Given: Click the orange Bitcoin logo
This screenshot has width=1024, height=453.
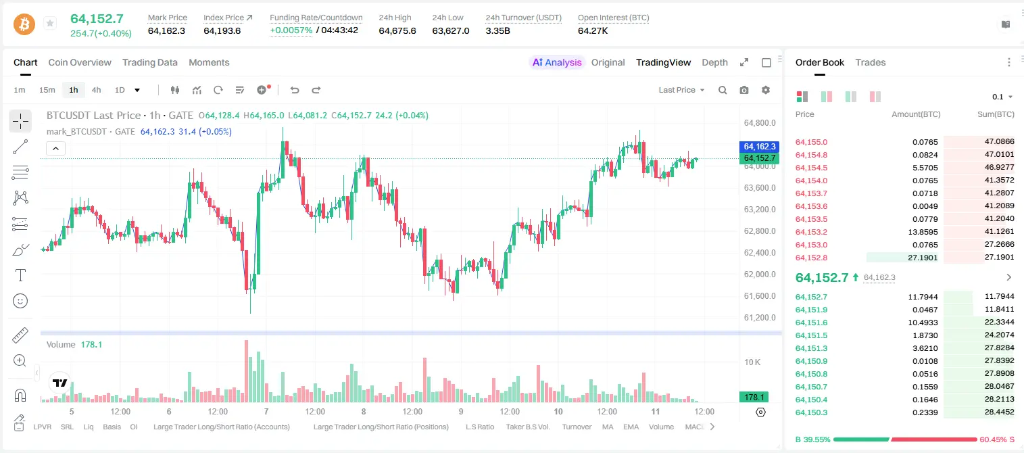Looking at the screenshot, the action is (24, 24).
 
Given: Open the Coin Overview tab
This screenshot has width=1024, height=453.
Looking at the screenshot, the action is (80, 62).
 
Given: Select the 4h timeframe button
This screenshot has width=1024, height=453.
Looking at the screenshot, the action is (96, 90).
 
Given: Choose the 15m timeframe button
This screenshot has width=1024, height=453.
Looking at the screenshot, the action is (47, 90).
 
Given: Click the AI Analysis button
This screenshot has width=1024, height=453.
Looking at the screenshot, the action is (557, 62).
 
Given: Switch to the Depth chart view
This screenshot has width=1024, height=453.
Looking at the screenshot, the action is (714, 62).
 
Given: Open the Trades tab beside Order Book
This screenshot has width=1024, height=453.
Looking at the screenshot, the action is (871, 62).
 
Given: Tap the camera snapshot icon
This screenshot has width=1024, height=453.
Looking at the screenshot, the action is (744, 90).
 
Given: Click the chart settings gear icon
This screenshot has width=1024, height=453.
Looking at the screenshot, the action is (766, 90).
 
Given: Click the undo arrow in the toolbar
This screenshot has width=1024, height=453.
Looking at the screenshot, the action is (295, 90).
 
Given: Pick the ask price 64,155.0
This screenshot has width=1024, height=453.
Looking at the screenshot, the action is (812, 142).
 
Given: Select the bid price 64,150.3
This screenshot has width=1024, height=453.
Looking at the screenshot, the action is (812, 412).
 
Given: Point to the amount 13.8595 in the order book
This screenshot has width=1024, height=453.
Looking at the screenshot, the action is (923, 232).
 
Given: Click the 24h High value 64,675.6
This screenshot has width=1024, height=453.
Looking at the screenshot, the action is (397, 30).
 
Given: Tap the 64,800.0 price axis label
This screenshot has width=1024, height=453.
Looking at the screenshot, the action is (760, 122).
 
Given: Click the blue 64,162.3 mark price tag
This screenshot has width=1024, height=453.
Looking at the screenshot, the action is (759, 146).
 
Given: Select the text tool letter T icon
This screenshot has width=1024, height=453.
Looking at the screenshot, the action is (20, 275).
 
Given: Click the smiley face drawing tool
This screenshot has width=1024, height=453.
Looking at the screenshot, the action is (20, 301).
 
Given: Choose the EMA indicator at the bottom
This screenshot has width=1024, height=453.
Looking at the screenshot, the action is (631, 427).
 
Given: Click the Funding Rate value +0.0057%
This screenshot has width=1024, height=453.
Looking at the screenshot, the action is (291, 30).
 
